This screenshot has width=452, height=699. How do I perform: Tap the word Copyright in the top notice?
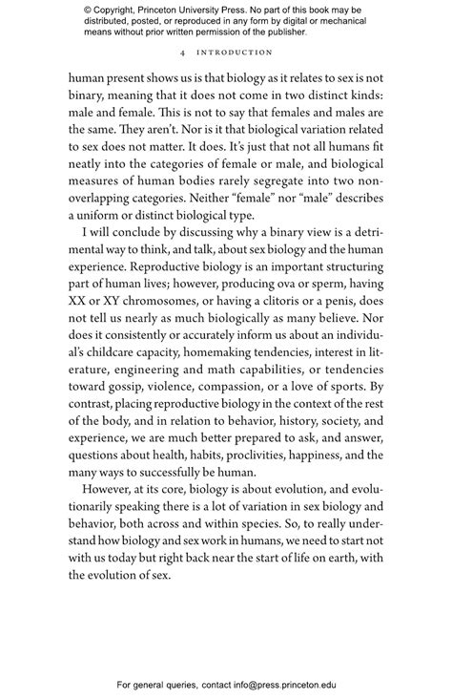click(116, 11)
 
